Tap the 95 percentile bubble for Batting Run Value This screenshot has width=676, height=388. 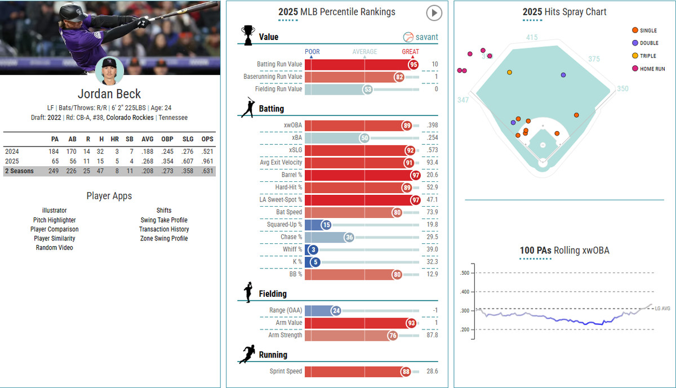point(413,64)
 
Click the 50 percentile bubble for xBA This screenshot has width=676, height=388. point(364,138)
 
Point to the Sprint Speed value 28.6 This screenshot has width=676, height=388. point(432,372)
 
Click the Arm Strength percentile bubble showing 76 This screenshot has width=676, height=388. point(393,336)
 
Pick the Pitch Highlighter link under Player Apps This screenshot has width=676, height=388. point(54,220)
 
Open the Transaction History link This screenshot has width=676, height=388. point(164,229)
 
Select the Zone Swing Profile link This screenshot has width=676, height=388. point(164,238)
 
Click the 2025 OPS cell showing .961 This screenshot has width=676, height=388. point(206,161)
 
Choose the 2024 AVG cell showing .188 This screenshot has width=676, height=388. point(146,151)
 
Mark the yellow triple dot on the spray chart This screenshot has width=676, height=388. point(510,72)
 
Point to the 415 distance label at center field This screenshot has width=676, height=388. point(532,38)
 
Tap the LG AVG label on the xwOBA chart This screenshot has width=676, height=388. point(662,309)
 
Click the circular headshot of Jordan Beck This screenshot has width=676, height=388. point(109,71)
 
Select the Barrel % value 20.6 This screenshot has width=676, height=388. point(432,175)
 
